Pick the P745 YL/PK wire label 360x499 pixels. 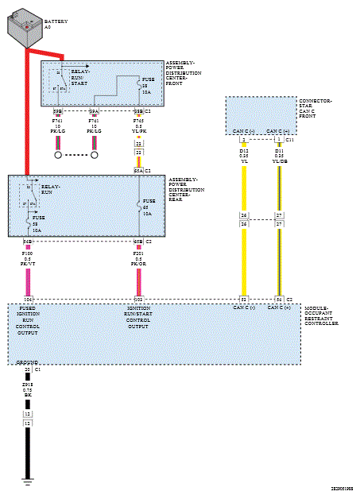pos(138,126)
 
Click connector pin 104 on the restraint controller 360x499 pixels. pos(28,300)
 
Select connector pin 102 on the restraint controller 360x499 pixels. pos(138,300)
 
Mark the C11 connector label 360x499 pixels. pos(290,139)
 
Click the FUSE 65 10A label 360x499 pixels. pos(149,207)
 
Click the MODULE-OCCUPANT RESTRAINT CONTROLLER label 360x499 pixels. pos(322,316)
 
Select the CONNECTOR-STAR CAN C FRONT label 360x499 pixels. pos(319,109)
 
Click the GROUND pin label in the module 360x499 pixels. pos(27,362)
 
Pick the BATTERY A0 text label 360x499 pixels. pos(56,24)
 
